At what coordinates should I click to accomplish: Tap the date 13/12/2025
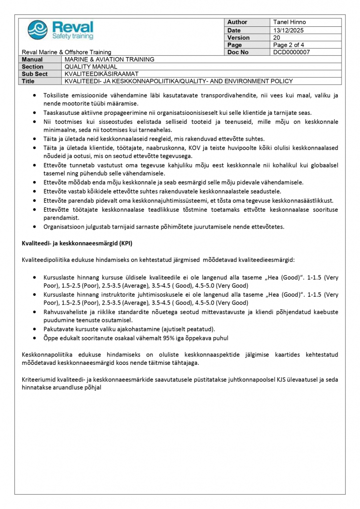pyautogui.click(x=288, y=30)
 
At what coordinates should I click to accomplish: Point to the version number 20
pyautogui.click(x=277, y=37)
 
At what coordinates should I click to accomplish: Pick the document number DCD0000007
pyautogui.click(x=291, y=52)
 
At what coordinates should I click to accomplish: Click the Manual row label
pyautogui.click(x=33, y=59)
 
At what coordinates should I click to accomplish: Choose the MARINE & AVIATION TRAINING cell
pyautogui.click(x=110, y=59)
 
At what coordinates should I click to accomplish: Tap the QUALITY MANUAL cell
pyautogui.click(x=91, y=67)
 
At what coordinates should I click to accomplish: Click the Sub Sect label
pyautogui.click(x=35, y=74)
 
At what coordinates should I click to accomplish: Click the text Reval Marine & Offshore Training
pyautogui.click(x=67, y=52)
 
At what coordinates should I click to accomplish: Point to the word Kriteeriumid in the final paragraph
pyautogui.click(x=39, y=380)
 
